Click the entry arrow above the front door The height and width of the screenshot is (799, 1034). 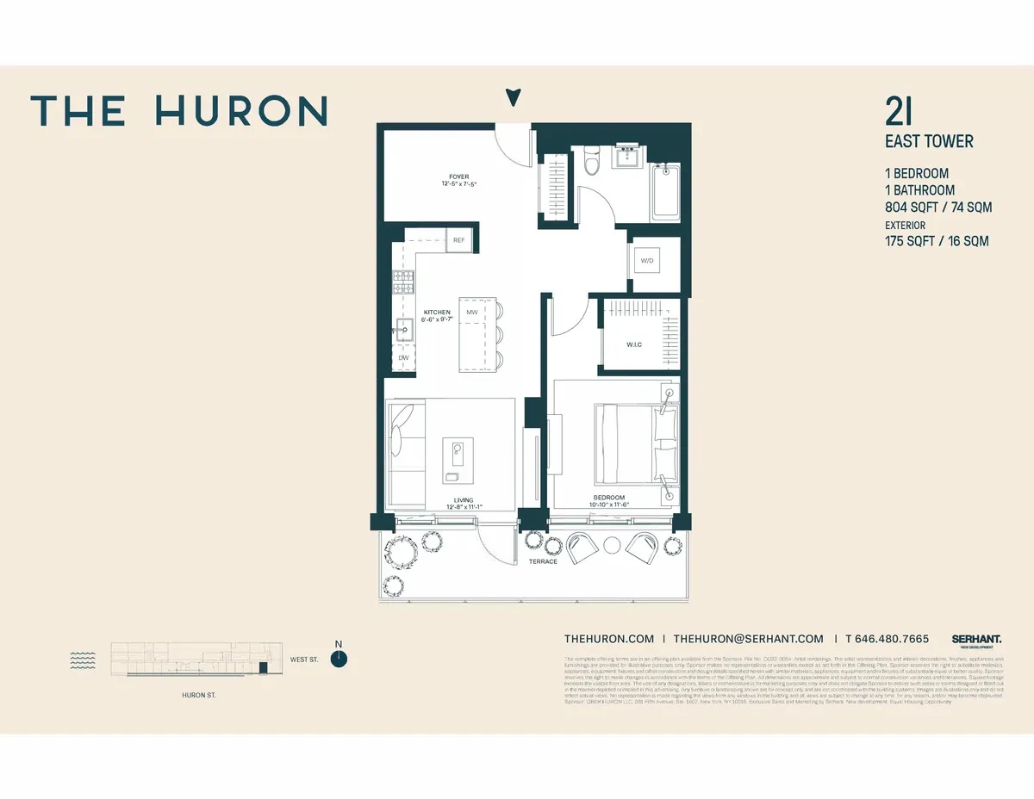pos(514,97)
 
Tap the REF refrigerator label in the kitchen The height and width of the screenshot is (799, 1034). pos(459,240)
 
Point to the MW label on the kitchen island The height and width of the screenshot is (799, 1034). pos(472,312)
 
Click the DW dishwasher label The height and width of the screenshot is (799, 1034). pos(403,357)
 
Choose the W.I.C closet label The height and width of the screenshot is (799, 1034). pos(635,345)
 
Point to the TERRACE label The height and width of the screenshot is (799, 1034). pos(543,561)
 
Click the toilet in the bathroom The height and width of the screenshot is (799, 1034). pos(591,161)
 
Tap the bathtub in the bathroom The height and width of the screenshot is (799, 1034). pos(665,191)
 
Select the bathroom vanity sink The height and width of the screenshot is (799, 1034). pos(627,158)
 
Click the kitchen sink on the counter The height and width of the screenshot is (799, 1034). pos(404,328)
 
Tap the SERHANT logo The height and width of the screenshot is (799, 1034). pos(976,640)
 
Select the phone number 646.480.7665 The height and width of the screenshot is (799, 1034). pos(887,639)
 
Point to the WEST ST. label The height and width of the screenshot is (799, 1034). pos(304,660)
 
